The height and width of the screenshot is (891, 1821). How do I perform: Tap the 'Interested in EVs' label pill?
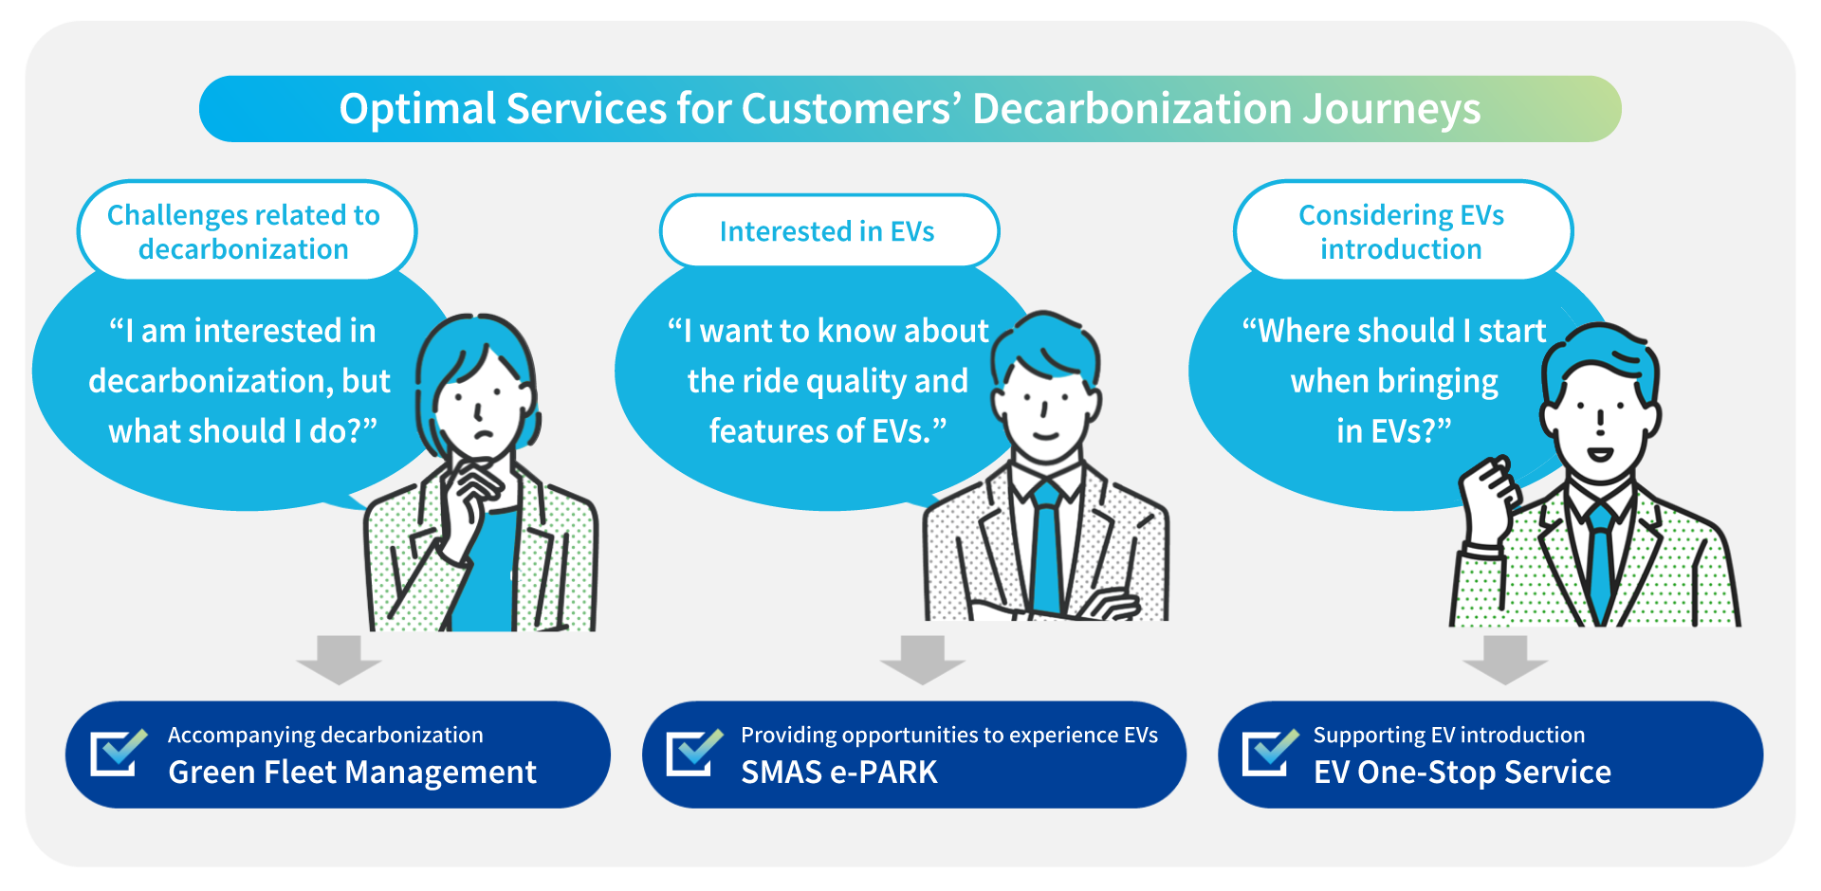click(828, 231)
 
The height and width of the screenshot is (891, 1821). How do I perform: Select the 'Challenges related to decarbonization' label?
click(245, 231)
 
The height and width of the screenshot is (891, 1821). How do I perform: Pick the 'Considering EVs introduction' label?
click(1401, 231)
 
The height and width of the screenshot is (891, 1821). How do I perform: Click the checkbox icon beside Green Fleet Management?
click(118, 753)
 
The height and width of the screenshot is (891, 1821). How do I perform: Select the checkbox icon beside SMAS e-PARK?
click(693, 753)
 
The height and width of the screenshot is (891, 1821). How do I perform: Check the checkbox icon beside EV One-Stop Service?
click(1269, 753)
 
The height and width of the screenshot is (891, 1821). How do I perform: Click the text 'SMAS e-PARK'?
click(838, 773)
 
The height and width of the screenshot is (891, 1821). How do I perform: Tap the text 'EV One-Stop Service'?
click(1462, 773)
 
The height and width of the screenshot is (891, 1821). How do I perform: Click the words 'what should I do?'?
click(243, 431)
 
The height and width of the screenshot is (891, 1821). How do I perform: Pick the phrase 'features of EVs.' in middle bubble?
click(827, 431)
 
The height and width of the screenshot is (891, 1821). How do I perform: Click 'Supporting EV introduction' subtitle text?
click(1448, 735)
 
